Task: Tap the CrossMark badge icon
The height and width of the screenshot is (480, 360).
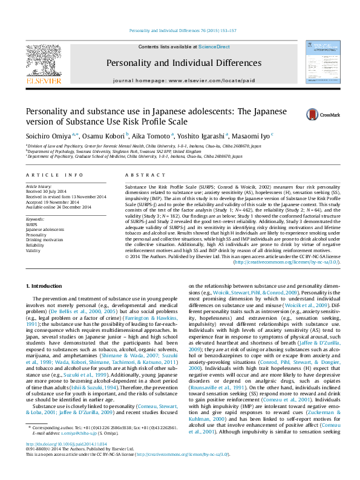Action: tap(312, 114)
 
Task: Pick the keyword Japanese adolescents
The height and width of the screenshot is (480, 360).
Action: tap(45, 230)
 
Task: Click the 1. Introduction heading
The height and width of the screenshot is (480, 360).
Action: tap(47, 285)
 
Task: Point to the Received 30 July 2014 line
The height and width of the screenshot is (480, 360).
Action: tap(48, 192)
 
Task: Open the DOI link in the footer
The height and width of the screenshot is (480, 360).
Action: tap(67, 460)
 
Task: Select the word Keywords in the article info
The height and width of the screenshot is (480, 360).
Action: tap(35, 219)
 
